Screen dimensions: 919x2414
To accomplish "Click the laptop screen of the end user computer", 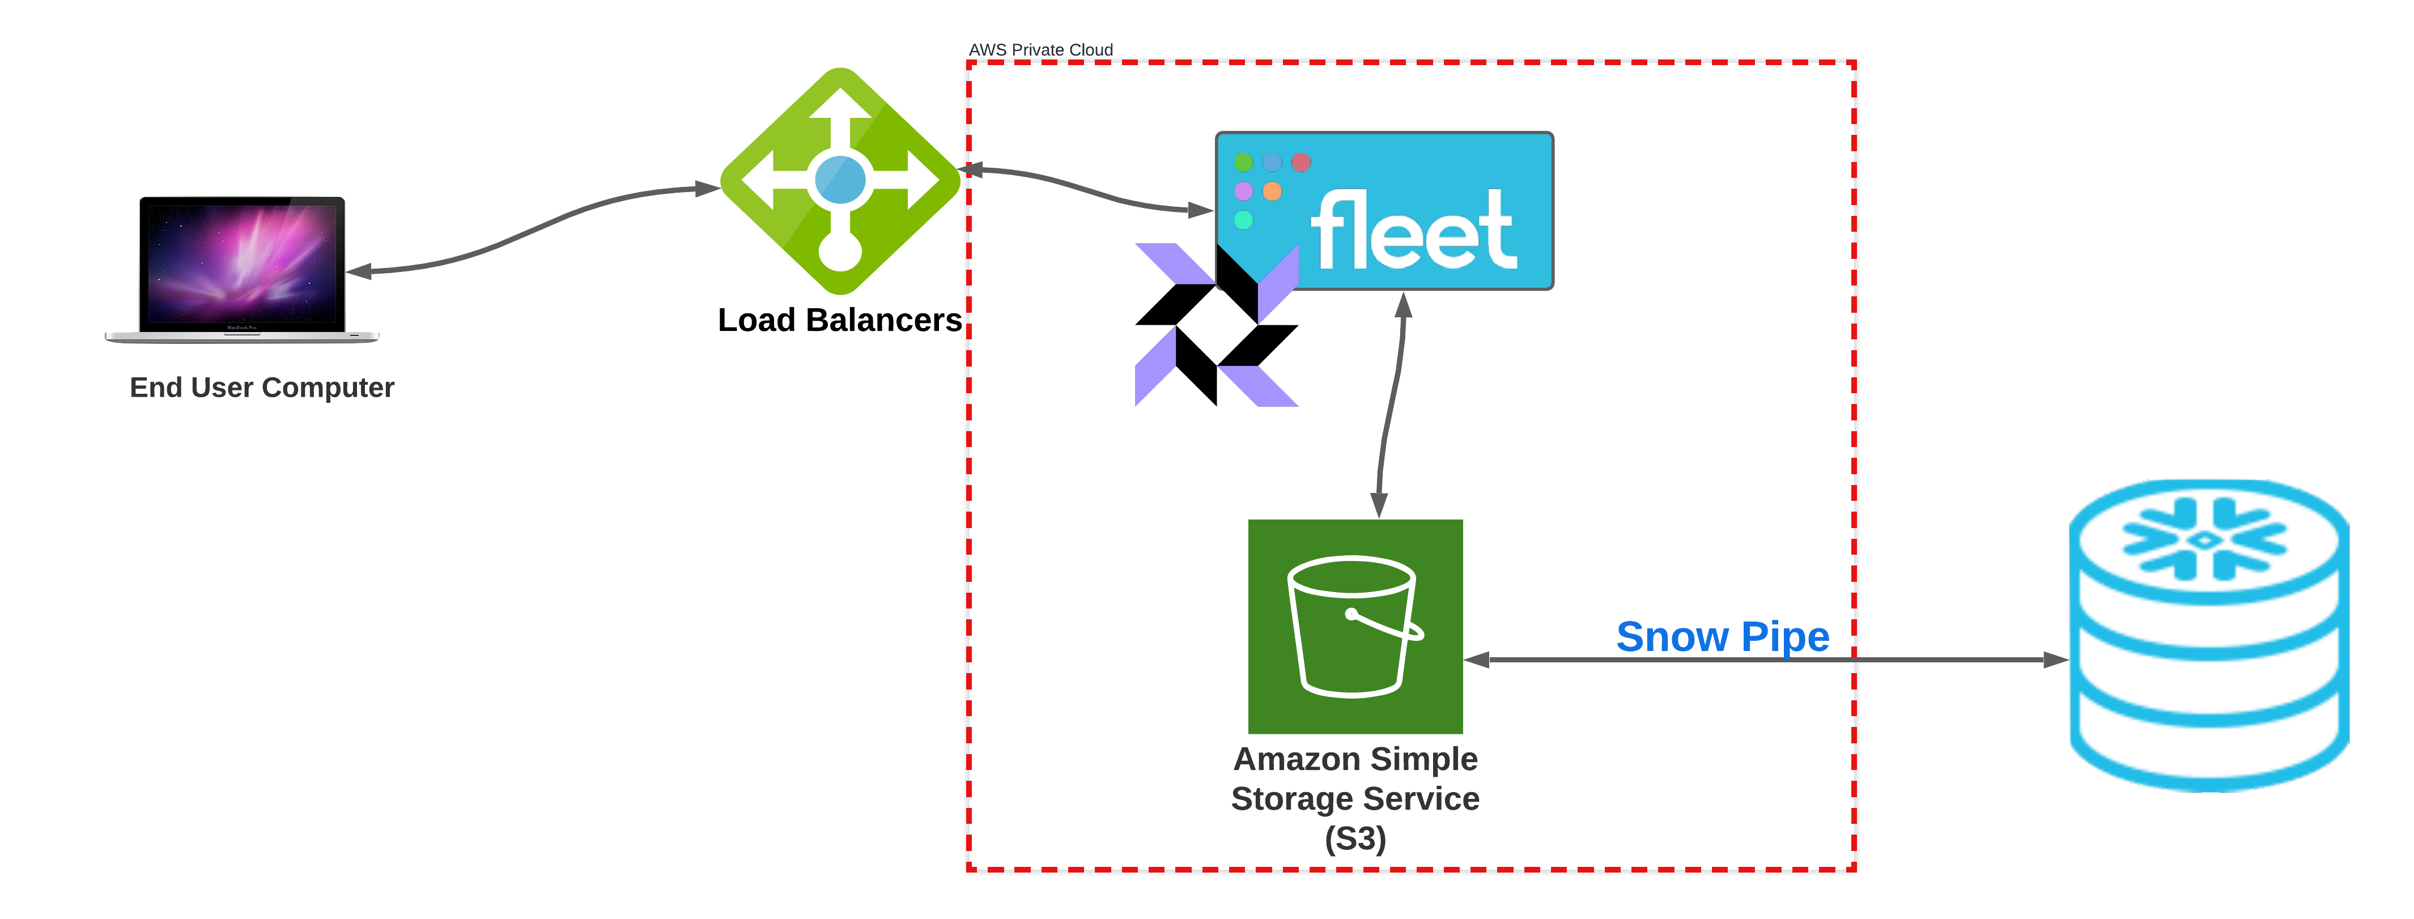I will tap(242, 263).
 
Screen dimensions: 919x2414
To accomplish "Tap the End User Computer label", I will tap(261, 387).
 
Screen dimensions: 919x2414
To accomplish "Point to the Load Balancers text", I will tap(840, 320).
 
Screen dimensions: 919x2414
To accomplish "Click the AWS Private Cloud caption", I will tap(1040, 50).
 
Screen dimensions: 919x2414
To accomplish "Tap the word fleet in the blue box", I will tap(1413, 231).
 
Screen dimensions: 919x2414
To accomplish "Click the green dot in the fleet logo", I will tap(1243, 162).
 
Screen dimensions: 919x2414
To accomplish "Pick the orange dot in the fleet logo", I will tap(1272, 191).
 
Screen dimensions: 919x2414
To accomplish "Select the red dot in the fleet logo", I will tap(1300, 162).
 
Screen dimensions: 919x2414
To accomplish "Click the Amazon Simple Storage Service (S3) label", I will tap(1355, 798).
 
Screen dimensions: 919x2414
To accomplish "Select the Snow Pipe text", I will tap(1723, 637).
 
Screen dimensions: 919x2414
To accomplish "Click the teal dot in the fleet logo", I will tap(1243, 220).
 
